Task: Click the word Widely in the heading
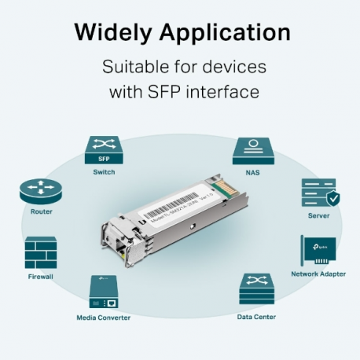pyautogui.click(x=114, y=32)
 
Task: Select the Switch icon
pyautogui.click(x=102, y=149)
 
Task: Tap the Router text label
pyautogui.click(x=41, y=212)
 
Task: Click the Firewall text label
pyautogui.click(x=41, y=276)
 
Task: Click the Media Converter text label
pyautogui.click(x=103, y=318)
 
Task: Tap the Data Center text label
pyautogui.click(x=256, y=318)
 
